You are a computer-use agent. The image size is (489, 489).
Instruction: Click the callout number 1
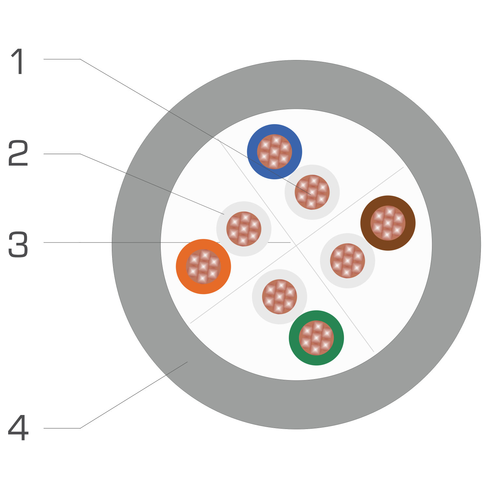point(18,61)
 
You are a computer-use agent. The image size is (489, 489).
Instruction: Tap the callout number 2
point(18,153)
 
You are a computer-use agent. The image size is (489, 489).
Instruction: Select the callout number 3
point(18,244)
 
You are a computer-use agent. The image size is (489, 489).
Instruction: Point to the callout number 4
point(18,428)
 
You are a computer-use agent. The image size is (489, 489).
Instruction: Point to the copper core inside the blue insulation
point(274,152)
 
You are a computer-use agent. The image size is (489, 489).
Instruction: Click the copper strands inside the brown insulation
point(388,223)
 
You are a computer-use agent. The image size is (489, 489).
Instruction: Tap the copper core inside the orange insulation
point(203,267)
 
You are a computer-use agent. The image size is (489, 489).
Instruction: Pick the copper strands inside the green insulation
point(316,338)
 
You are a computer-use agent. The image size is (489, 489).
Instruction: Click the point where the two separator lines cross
point(296,245)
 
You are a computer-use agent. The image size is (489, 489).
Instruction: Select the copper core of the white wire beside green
point(279,297)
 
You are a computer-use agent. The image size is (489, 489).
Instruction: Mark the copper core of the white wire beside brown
point(348,261)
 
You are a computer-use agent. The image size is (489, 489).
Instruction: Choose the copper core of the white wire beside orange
point(244,229)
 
